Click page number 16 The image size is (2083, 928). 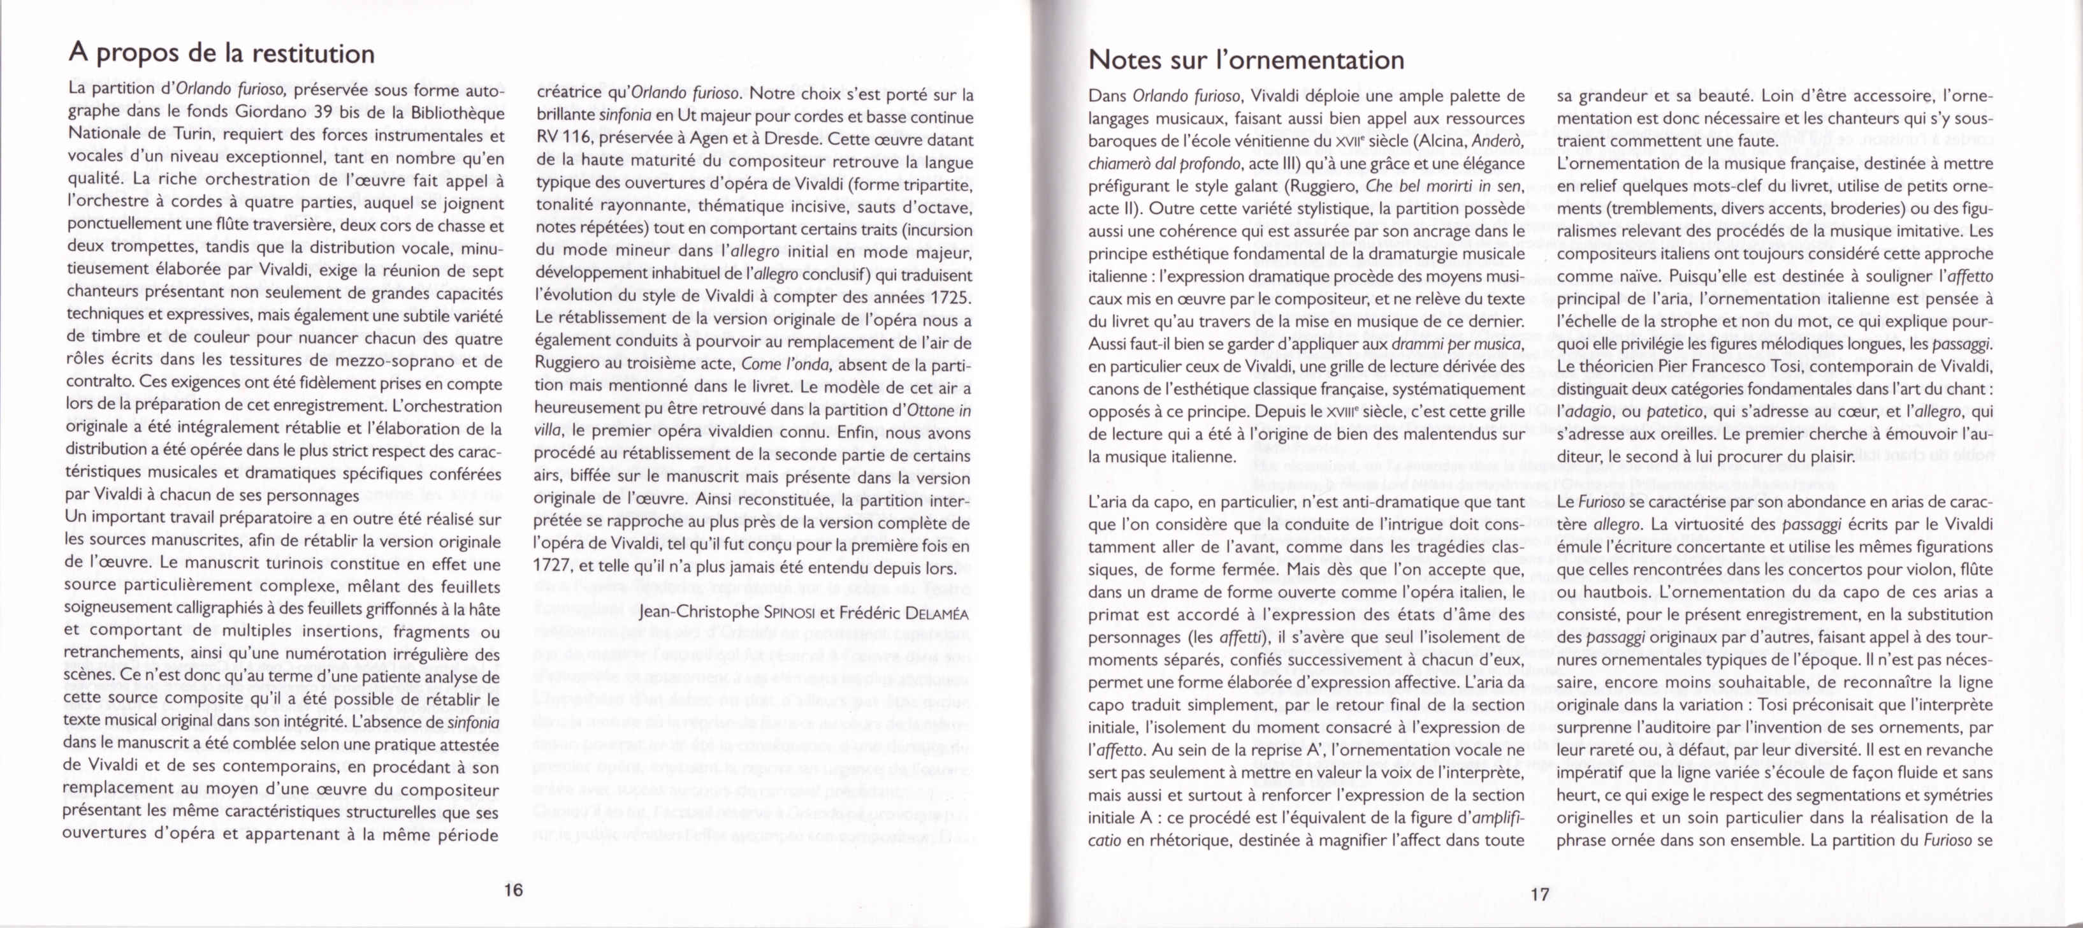514,889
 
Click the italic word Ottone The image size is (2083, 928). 931,409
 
